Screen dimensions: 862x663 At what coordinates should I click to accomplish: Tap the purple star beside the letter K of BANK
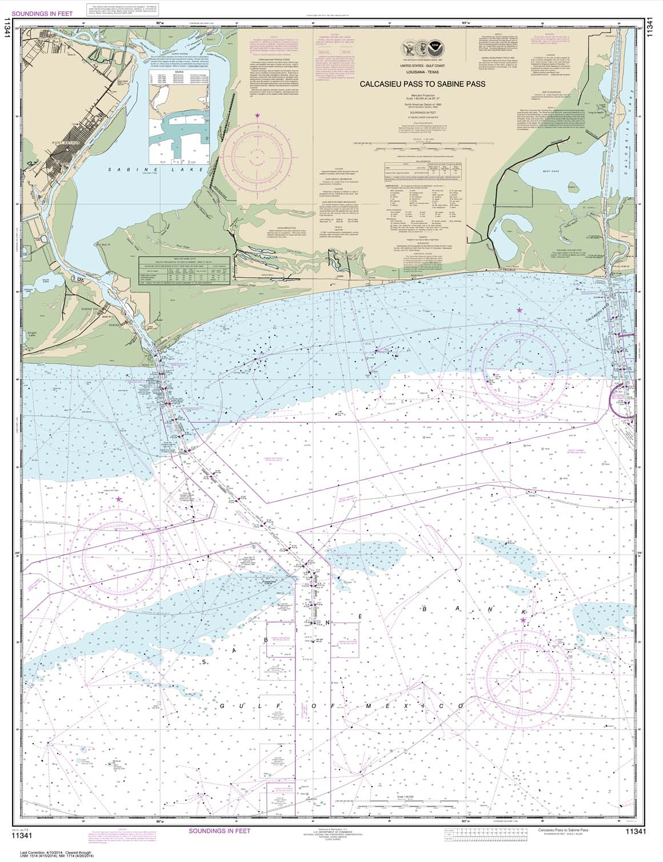pos(523,620)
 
